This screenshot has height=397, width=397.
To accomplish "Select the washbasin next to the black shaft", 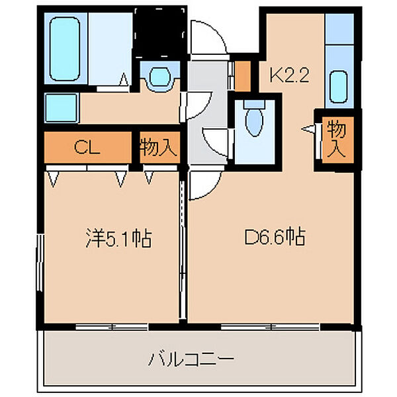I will [x=159, y=78].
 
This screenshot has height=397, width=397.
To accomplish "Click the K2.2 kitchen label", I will [x=288, y=77].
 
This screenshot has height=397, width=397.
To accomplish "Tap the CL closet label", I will [x=86, y=148].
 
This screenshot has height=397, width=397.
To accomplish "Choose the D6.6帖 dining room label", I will [x=274, y=237].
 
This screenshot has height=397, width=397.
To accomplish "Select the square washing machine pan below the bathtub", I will [x=61, y=106].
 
